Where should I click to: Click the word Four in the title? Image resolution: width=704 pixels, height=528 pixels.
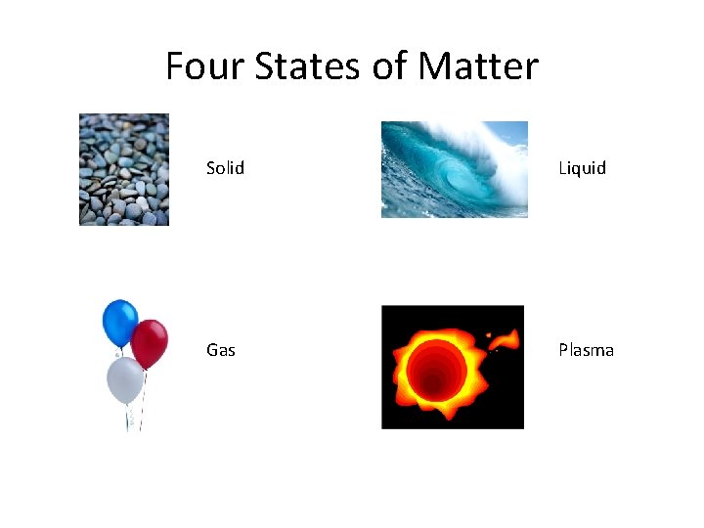pyautogui.click(x=204, y=66)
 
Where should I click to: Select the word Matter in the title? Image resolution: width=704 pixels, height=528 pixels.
pyautogui.click(x=478, y=66)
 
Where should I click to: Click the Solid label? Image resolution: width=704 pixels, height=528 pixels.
pyautogui.click(x=225, y=168)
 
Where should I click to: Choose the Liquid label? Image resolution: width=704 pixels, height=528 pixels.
pyautogui.click(x=582, y=168)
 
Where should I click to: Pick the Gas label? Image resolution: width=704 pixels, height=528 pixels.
pyautogui.click(x=221, y=350)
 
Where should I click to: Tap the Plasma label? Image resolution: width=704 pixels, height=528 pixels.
pyautogui.click(x=586, y=350)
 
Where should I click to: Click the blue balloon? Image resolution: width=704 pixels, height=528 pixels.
pyautogui.click(x=120, y=323)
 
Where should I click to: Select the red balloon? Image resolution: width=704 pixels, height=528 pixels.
pyautogui.click(x=150, y=343)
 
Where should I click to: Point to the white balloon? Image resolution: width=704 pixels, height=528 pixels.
pyautogui.click(x=125, y=378)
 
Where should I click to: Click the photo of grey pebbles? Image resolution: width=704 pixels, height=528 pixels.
pyautogui.click(x=124, y=169)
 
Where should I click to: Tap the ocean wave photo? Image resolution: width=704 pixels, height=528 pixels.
pyautogui.click(x=454, y=169)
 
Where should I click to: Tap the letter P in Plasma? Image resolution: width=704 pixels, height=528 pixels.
pyautogui.click(x=563, y=350)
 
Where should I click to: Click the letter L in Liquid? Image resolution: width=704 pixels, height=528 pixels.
pyautogui.click(x=561, y=168)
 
